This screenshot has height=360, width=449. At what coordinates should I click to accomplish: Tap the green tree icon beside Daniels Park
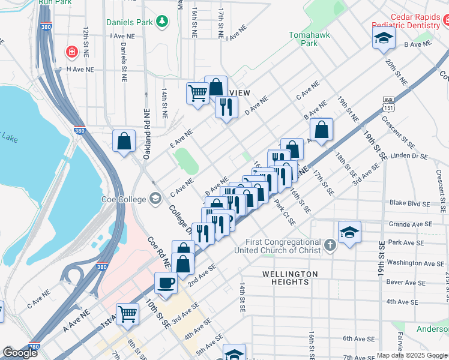pos(161,22)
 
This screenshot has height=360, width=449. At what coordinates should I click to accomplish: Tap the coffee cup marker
pos(166,283)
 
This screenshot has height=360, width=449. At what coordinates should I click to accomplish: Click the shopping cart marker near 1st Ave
pos(127,313)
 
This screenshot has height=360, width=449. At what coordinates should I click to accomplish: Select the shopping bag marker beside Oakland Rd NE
pos(124,142)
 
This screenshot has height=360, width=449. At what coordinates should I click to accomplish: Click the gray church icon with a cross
pos(330,245)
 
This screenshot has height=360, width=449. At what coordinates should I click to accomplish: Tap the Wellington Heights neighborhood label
pos(290,274)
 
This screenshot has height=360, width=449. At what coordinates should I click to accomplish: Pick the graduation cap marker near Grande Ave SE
pos(349,232)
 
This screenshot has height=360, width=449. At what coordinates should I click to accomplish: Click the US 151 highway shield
pos(389,104)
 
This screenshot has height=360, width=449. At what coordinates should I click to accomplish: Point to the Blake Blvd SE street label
pos(409,204)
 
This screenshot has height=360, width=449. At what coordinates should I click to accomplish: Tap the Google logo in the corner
pos(19,353)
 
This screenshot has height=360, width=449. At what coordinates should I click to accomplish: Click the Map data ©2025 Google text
pos(412,355)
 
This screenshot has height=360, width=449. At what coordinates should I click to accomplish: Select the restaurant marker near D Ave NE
pos(226,107)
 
